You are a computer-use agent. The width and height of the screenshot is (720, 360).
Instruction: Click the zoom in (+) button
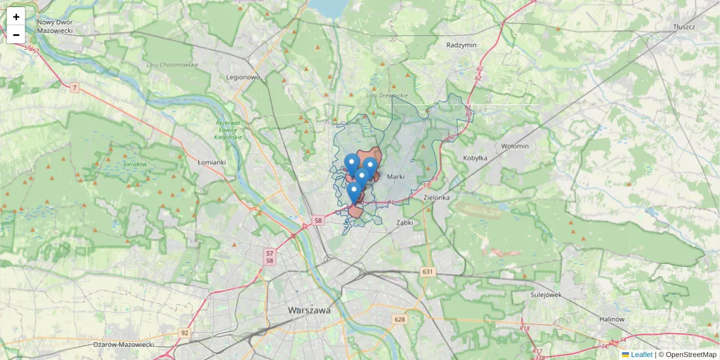click(16, 17)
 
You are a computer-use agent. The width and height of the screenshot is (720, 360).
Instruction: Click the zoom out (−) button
click(16, 35)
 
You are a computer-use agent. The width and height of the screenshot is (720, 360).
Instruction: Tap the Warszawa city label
click(309, 311)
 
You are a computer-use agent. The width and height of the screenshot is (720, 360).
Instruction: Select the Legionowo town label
click(243, 77)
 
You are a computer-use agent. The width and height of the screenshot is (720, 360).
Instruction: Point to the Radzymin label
click(461, 45)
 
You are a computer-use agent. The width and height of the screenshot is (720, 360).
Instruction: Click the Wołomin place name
click(515, 146)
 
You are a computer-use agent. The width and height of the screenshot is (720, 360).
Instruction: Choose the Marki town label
click(397, 177)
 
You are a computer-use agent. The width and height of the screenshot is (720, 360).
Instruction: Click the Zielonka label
click(436, 197)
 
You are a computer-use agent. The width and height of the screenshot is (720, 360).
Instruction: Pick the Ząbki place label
click(405, 222)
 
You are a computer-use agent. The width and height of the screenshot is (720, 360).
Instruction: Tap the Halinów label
click(612, 319)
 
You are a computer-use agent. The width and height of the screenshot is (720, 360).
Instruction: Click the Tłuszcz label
click(683, 28)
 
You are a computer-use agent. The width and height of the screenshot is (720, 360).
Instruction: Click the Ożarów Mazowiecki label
click(124, 345)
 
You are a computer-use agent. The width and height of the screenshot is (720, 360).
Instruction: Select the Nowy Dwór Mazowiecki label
click(55, 26)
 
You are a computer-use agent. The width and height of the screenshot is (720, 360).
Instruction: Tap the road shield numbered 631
click(427, 272)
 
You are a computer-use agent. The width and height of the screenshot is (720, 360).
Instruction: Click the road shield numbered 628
click(400, 319)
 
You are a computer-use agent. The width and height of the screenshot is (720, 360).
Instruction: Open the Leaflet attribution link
click(641, 355)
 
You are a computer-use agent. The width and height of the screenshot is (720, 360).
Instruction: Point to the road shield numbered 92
click(184, 332)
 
